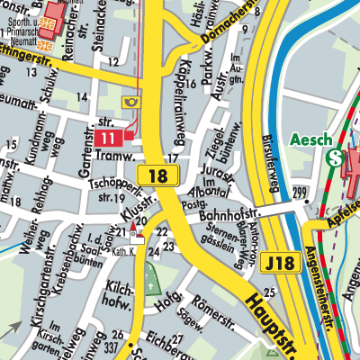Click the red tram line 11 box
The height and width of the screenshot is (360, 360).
(x=107, y=138)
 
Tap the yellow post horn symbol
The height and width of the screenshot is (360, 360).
(x=131, y=103)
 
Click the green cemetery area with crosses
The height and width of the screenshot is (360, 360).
(x=150, y=280)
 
